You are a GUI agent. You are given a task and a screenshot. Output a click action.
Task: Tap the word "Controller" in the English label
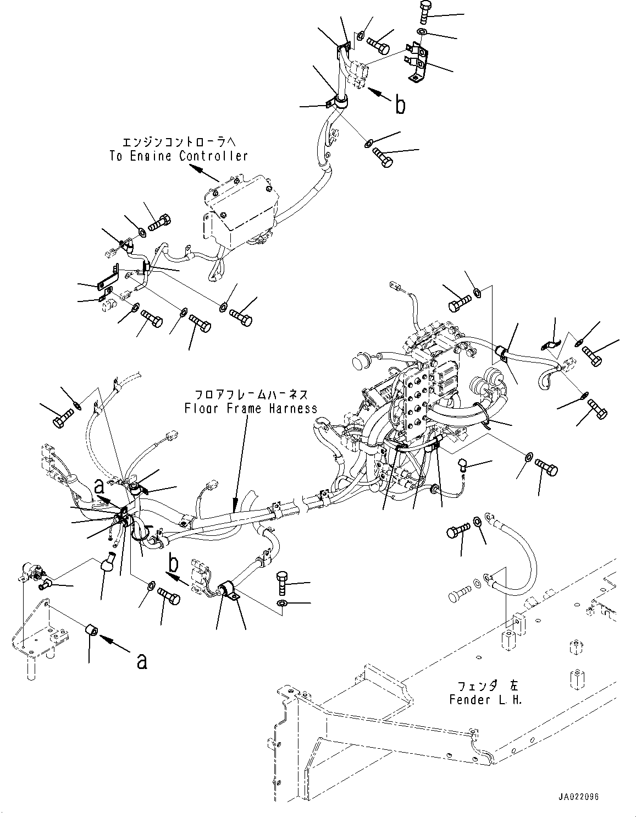click(213, 156)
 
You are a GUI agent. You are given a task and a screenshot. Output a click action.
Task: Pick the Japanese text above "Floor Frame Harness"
click(250, 395)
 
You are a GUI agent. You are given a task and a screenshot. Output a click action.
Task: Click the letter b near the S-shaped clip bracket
click(401, 104)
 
